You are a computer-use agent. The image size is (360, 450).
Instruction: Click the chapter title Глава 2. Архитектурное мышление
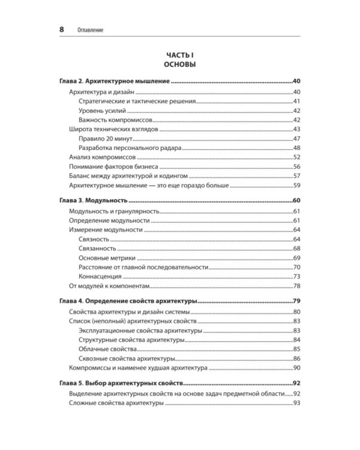(x=115, y=81)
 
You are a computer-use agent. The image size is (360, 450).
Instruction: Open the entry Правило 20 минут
(x=105, y=139)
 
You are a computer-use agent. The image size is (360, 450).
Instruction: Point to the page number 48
(x=296, y=148)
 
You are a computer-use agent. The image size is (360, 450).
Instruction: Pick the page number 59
(x=296, y=187)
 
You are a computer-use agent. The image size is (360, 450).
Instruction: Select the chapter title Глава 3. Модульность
(x=94, y=201)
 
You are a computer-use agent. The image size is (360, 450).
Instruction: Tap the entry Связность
(x=94, y=239)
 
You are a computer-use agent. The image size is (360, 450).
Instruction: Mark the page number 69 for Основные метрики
(x=296, y=258)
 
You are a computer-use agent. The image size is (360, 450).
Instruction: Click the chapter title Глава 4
(x=128, y=301)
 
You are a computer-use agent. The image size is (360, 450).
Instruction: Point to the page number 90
(x=296, y=368)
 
